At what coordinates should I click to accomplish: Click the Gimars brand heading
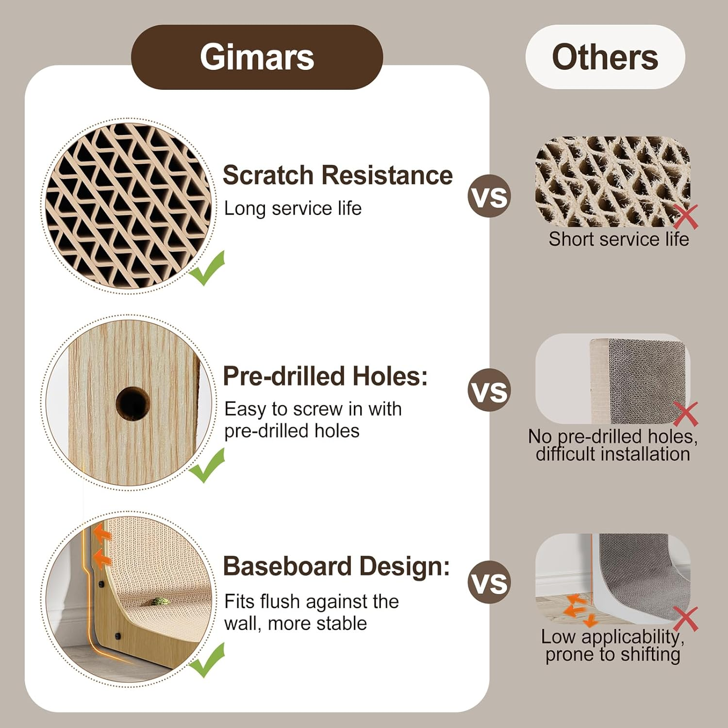pyautogui.click(x=257, y=57)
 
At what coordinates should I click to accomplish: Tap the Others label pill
pyautogui.click(x=605, y=57)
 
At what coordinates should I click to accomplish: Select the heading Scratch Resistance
pyautogui.click(x=337, y=175)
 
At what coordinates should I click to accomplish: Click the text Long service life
pyautogui.click(x=293, y=209)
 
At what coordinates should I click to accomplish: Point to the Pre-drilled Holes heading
pyautogui.click(x=325, y=376)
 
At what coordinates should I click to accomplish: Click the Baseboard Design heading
pyautogui.click(x=336, y=566)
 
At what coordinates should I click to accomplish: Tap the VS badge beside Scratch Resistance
pyautogui.click(x=489, y=196)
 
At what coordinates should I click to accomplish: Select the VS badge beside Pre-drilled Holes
pyautogui.click(x=489, y=390)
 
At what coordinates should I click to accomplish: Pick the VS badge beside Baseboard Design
pyautogui.click(x=489, y=582)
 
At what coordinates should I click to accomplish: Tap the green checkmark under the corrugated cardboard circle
pyautogui.click(x=207, y=268)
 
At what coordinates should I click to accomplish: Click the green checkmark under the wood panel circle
pyautogui.click(x=207, y=465)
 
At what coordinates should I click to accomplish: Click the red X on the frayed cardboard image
pyautogui.click(x=686, y=216)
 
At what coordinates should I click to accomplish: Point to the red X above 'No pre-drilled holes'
pyautogui.click(x=686, y=414)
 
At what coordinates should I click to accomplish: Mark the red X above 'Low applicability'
pyautogui.click(x=686, y=618)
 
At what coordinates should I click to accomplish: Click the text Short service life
pyautogui.click(x=619, y=239)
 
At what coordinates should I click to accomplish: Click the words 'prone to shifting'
pyautogui.click(x=612, y=655)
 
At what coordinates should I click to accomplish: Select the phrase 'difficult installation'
pyautogui.click(x=612, y=454)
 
